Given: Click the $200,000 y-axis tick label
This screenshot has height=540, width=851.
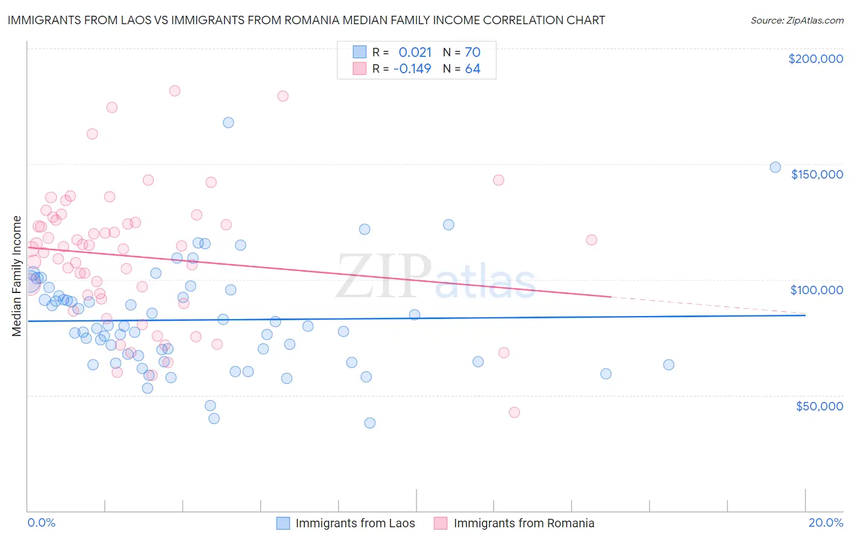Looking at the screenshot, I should (815, 59).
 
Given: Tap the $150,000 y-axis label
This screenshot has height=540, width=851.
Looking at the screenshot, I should (816, 174).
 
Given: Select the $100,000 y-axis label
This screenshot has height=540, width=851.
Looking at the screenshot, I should (816, 290).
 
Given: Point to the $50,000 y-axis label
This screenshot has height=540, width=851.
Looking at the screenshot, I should (819, 406).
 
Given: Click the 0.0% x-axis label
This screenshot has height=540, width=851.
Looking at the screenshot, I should (41, 522).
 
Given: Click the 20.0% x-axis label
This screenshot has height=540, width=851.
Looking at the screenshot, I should (826, 522).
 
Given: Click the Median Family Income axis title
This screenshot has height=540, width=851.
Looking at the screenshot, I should (17, 276).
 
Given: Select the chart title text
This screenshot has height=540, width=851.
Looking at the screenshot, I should (306, 20).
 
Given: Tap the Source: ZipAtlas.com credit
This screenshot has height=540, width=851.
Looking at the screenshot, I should (797, 21).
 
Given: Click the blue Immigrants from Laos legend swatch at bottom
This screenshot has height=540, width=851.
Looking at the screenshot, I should (283, 523).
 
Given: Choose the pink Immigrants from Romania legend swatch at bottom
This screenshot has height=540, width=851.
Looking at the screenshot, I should (441, 523).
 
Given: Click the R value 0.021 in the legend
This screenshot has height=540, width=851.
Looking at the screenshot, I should (415, 52).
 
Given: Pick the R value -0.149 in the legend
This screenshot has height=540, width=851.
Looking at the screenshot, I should (412, 68).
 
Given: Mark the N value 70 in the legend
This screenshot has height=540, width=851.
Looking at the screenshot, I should (472, 52).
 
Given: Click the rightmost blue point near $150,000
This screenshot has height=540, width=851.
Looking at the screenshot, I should (775, 168).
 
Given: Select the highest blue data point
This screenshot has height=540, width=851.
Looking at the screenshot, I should (228, 122).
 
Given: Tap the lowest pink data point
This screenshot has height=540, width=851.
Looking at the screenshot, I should (514, 412).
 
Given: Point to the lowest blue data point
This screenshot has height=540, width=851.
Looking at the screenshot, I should (370, 423).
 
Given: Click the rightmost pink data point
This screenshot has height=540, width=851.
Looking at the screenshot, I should (591, 240).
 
